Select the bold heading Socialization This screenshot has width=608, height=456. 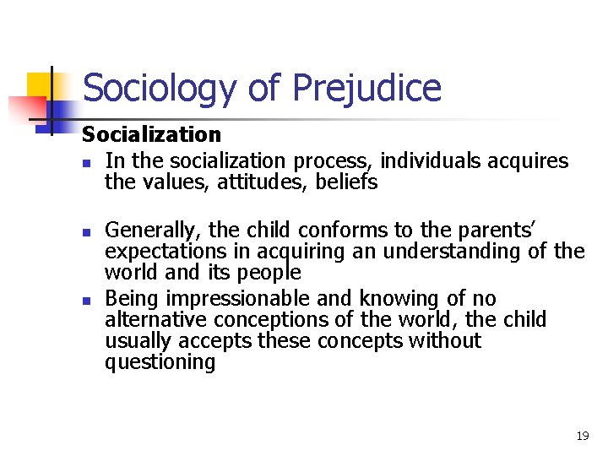(x=151, y=134)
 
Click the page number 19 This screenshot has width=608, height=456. (x=582, y=436)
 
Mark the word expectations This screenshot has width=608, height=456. (x=166, y=252)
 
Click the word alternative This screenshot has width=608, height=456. (x=156, y=320)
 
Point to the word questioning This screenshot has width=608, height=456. (x=160, y=363)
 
